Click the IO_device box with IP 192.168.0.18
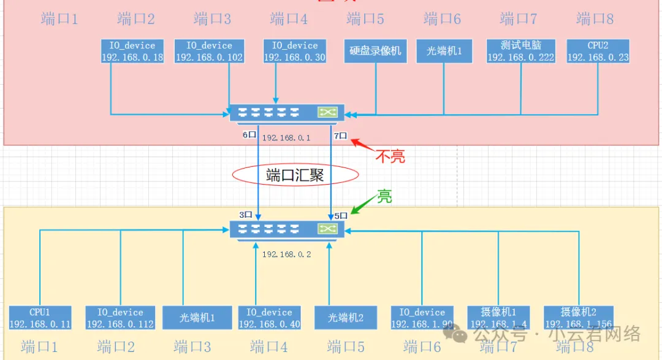(132, 51)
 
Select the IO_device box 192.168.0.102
(209, 51)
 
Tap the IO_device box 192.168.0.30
(294, 51)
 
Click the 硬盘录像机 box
(375, 51)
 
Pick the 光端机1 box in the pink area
(444, 51)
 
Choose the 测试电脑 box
(520, 51)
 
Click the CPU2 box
(598, 51)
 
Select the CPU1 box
(40, 318)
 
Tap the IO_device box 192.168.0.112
(120, 318)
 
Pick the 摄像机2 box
(578, 318)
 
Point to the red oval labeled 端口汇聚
(295, 175)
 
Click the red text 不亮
(390, 156)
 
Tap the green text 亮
(384, 196)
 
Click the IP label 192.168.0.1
(286, 138)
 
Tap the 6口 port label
(248, 135)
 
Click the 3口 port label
(246, 215)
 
